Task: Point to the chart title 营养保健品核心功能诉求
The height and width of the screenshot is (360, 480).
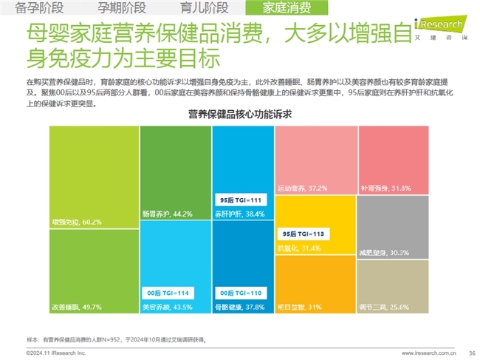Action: [240, 115]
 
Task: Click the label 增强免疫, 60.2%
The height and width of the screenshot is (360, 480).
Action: [75, 221]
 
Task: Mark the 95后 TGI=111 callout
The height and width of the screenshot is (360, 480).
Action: [241, 200]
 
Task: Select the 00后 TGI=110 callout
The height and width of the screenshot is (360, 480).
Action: [241, 292]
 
